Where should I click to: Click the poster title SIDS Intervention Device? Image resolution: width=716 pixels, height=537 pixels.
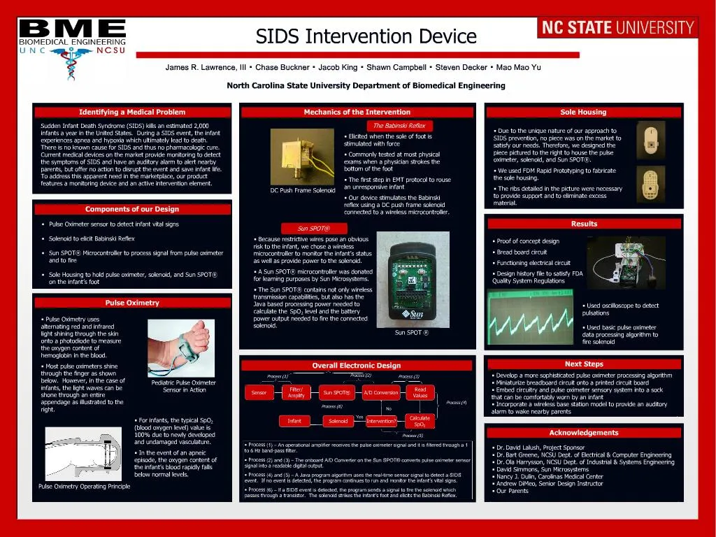pos(366,36)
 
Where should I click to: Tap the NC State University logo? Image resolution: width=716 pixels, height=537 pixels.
pos(617,28)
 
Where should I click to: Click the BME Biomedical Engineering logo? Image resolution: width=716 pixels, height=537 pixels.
pos(72,37)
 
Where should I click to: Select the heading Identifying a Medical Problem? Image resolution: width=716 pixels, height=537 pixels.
pos(132,112)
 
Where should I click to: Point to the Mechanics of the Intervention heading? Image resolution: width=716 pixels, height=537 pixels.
pos(357,112)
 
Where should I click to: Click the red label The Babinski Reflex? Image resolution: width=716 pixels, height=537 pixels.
pos(399,125)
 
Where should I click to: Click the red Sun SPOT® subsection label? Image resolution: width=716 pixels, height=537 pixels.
pos(313,228)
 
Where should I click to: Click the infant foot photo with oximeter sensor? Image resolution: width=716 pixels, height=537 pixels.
pos(180,347)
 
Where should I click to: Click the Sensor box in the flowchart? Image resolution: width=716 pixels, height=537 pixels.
pos(259,393)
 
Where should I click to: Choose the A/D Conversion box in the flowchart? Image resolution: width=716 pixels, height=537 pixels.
pos(381,393)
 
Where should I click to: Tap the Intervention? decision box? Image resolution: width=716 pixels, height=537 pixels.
pos(381,421)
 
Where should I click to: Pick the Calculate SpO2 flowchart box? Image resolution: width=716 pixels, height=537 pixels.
pos(420,421)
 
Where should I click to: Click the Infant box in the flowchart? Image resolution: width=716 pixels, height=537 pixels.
pos(294,421)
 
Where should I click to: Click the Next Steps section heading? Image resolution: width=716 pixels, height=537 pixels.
pos(584,364)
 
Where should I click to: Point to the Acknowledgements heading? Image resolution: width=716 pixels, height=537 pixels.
pos(584,433)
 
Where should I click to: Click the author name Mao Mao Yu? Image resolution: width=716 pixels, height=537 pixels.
pos(518,68)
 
